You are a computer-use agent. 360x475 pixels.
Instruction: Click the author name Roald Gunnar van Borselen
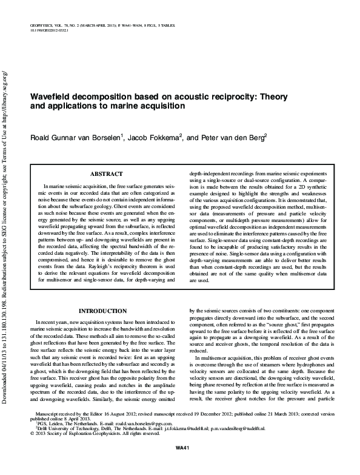coord(72,138)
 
